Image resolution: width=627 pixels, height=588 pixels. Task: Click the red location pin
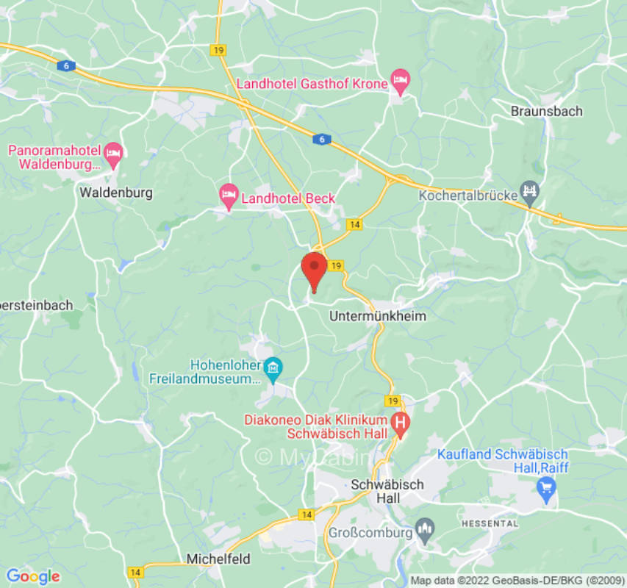click(315, 270)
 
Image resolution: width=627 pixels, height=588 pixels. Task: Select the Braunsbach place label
click(547, 111)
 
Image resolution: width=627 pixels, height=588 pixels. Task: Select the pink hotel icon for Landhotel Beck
click(229, 196)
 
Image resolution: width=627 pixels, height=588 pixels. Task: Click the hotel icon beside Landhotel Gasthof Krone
click(400, 81)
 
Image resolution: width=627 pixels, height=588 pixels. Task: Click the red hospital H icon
click(401, 423)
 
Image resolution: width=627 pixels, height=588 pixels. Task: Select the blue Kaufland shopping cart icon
click(546, 487)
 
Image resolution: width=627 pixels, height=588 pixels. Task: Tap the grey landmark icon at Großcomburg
click(423, 527)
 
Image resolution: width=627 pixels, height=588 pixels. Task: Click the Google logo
click(32, 576)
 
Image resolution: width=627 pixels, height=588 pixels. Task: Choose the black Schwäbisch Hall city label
click(387, 491)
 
